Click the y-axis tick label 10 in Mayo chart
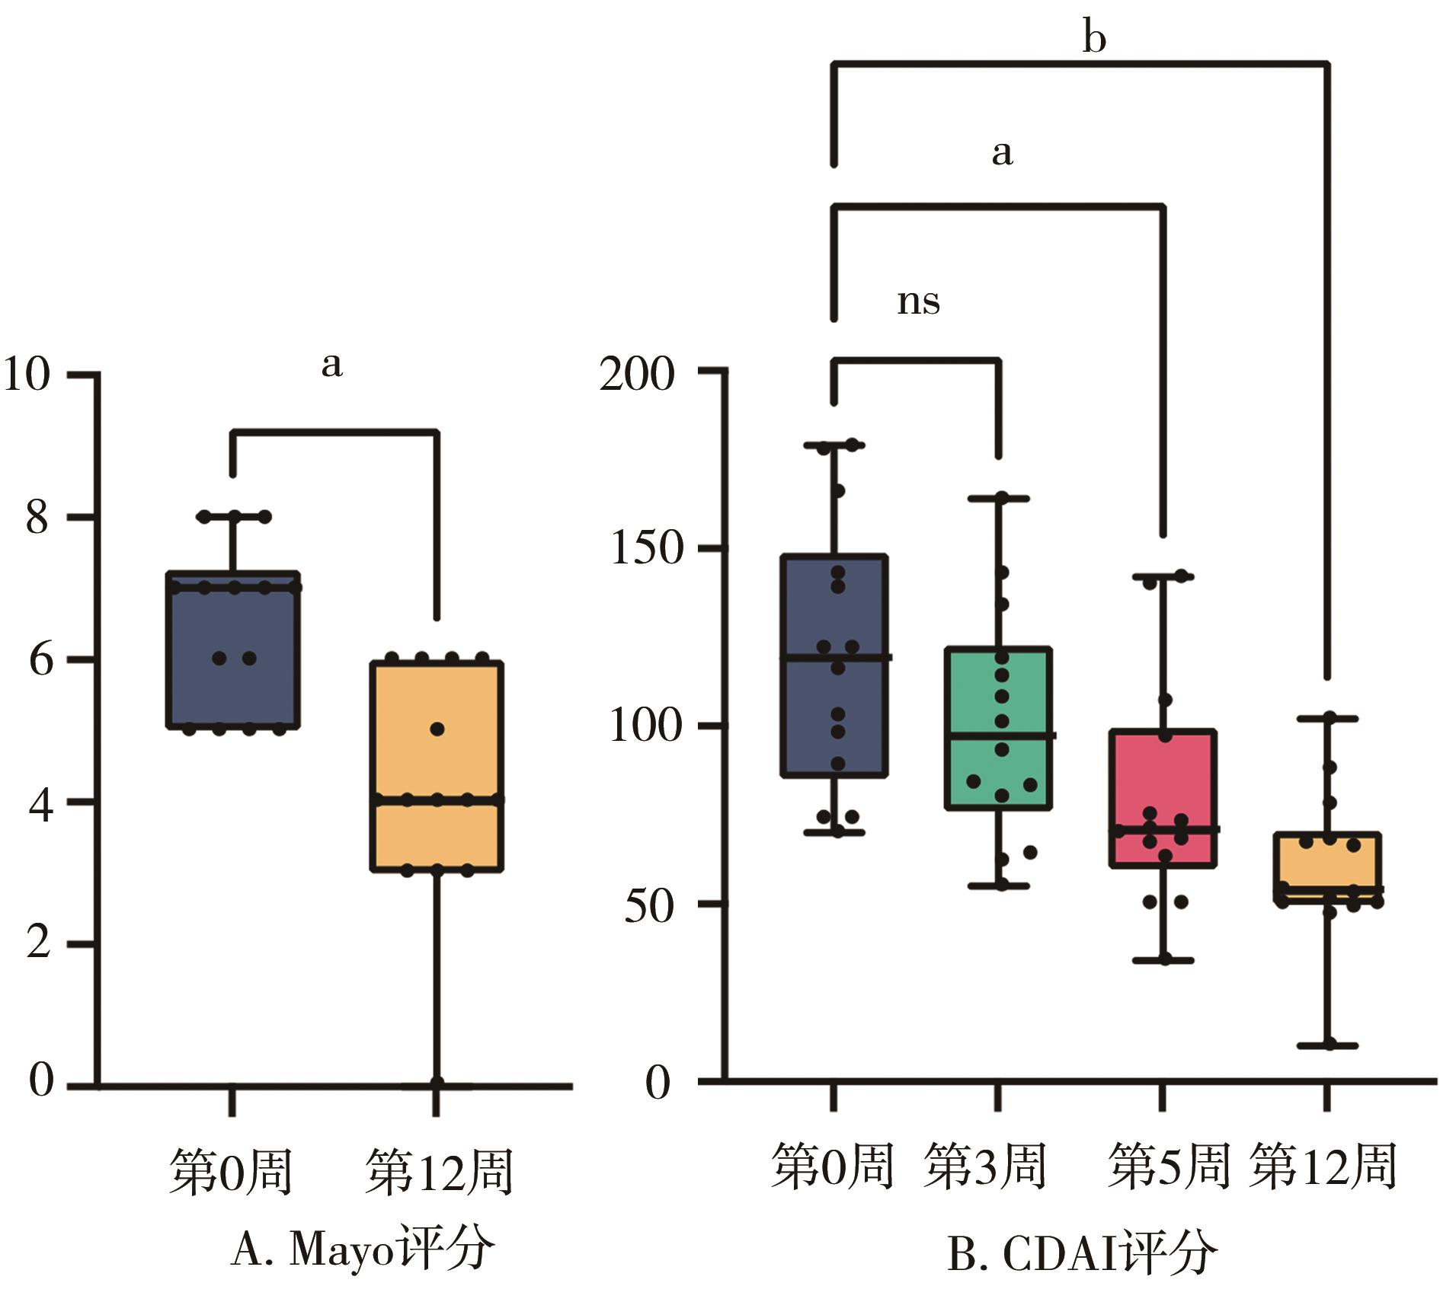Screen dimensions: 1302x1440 [27, 375]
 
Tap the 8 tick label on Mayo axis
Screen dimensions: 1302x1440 [37, 519]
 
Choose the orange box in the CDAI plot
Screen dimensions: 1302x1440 [1328, 868]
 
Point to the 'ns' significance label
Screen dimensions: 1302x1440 [918, 302]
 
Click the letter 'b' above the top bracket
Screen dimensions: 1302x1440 [1094, 37]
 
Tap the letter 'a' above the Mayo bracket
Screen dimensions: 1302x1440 [331, 365]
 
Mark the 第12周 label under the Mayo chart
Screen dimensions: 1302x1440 [440, 1171]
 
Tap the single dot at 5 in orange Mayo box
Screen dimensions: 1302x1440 [437, 729]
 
